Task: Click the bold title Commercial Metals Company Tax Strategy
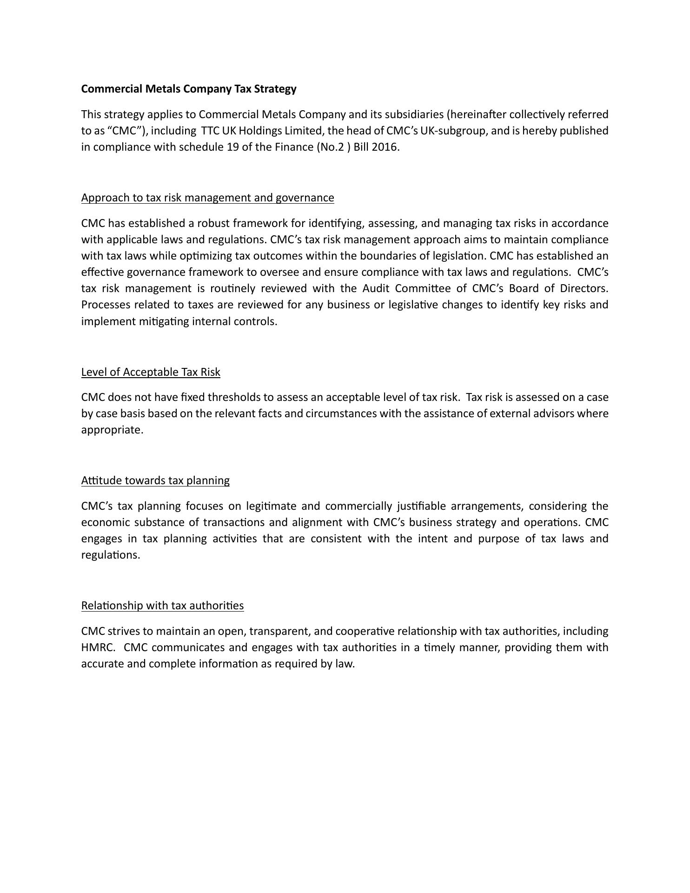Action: point(189,89)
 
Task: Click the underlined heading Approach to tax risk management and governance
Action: point(207,198)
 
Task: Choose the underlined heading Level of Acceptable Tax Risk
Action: point(151,372)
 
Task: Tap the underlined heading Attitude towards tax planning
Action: point(155,480)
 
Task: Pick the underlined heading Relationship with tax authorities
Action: point(162,606)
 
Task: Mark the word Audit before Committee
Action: point(376,288)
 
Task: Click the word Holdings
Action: point(260,131)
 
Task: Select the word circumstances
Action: point(341,413)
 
